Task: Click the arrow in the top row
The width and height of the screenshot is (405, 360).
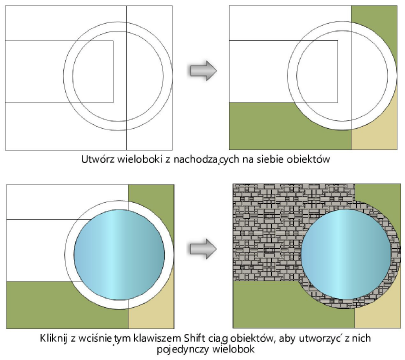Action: point(203,71)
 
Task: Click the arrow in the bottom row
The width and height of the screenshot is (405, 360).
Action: point(203,251)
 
